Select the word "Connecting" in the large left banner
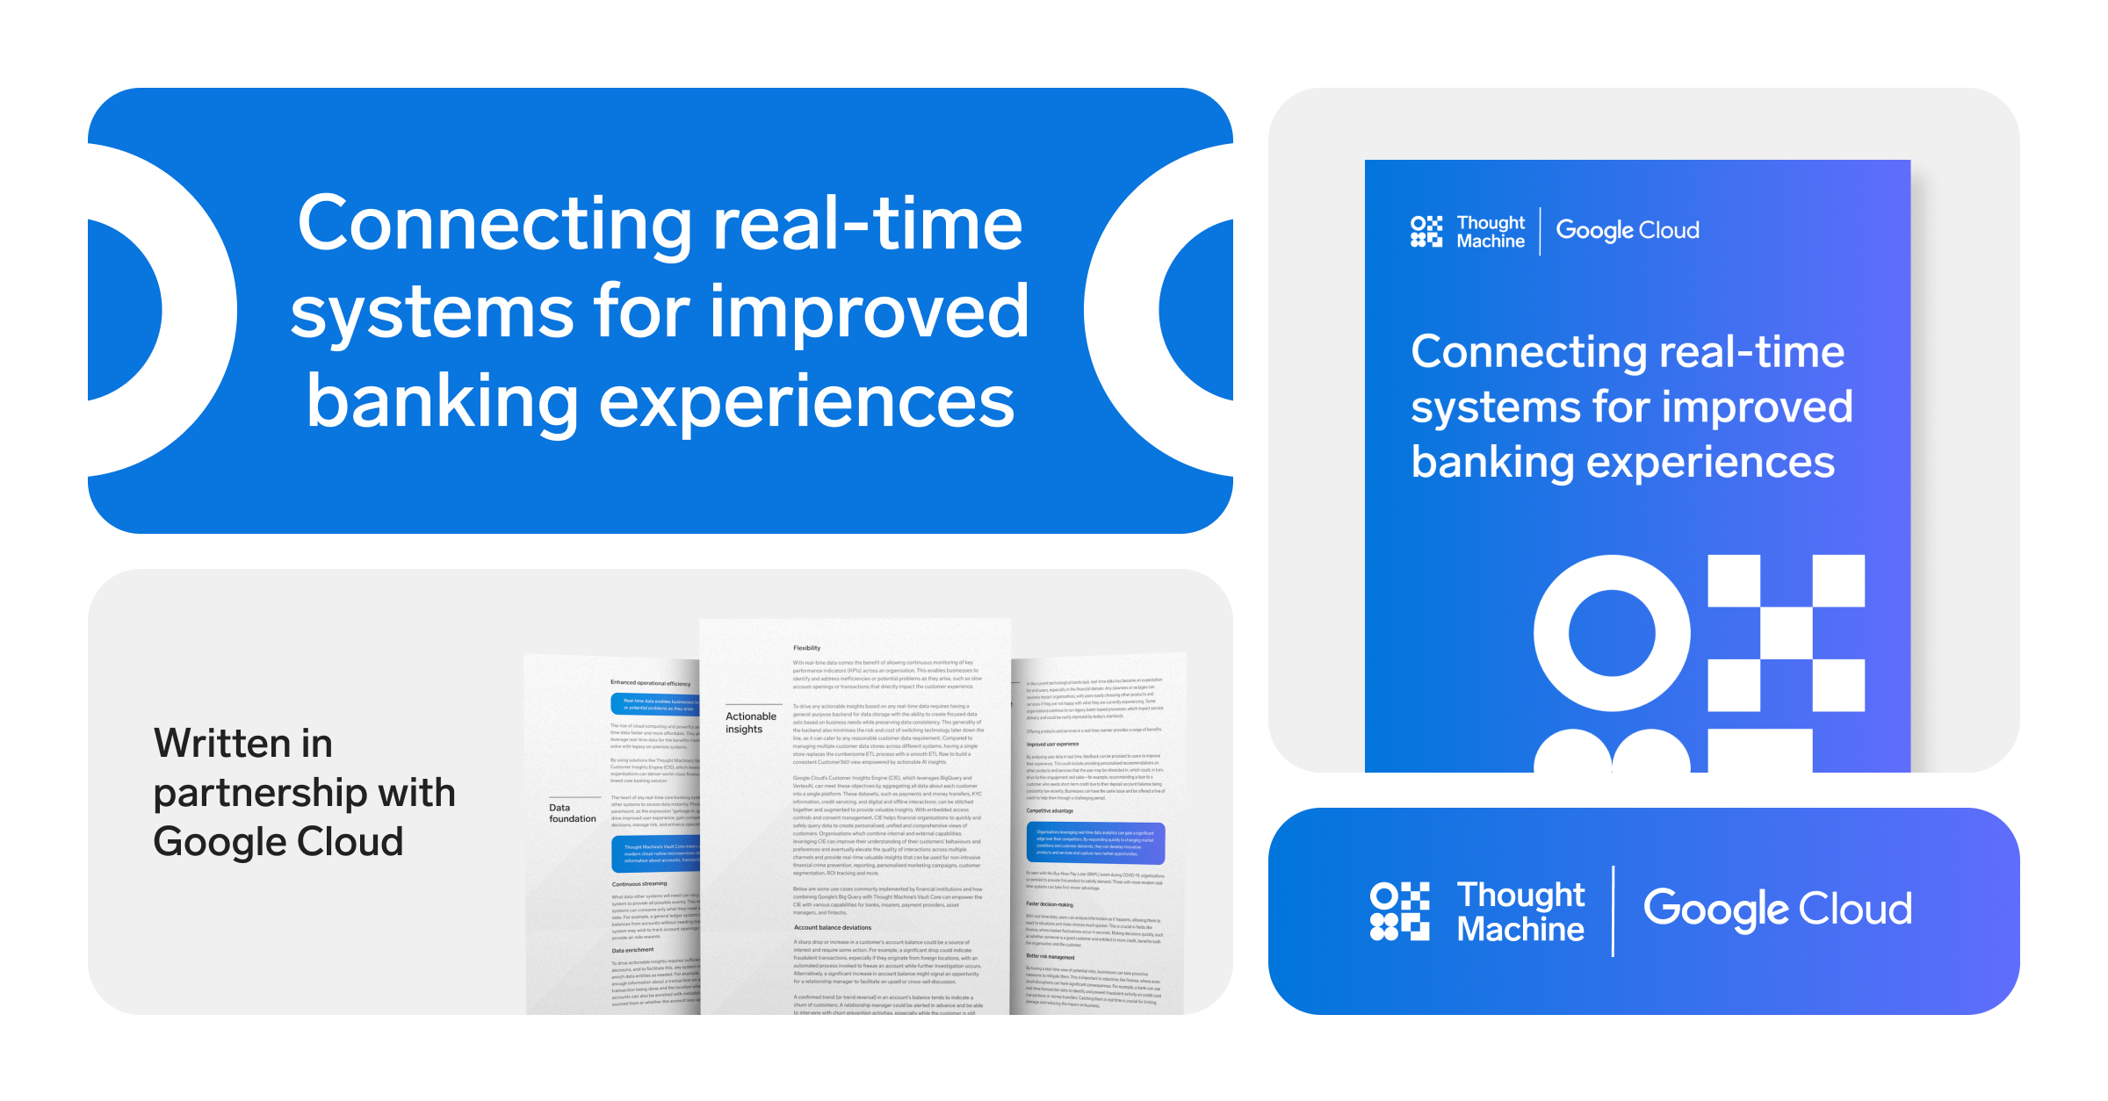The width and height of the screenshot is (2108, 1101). [x=495, y=224]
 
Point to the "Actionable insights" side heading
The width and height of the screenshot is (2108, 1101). [x=750, y=723]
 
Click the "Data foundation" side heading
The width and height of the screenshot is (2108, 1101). [x=572, y=813]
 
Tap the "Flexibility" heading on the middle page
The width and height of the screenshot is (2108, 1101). [x=806, y=648]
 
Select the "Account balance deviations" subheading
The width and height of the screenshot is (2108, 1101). [x=833, y=927]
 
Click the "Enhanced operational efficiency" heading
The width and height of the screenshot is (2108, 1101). [x=651, y=682]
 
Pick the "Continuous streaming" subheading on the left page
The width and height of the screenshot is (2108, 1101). [x=639, y=883]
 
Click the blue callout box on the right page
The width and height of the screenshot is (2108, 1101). [x=1095, y=842]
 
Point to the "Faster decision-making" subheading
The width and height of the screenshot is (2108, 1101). [x=1050, y=903]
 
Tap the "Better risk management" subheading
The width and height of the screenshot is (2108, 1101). [x=1050, y=956]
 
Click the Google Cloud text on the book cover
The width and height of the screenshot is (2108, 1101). [x=1628, y=230]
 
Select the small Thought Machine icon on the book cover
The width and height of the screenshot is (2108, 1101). [x=1426, y=232]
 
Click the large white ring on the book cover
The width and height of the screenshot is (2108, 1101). [x=1612, y=633]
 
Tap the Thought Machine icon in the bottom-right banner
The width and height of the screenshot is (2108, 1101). [x=1400, y=911]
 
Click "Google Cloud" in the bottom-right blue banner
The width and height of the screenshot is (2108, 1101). [x=1777, y=910]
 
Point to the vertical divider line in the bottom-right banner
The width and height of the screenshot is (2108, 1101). [x=1613, y=911]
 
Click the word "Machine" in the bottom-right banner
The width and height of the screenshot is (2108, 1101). [x=1520, y=930]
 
